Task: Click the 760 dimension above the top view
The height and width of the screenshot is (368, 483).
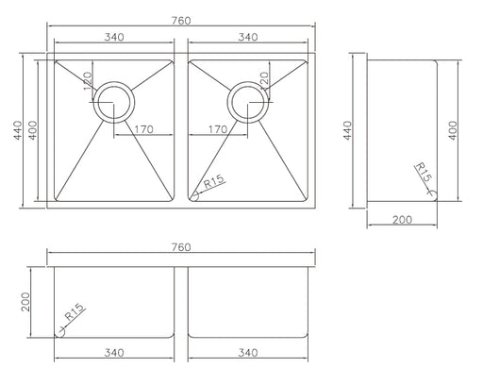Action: tap(181, 21)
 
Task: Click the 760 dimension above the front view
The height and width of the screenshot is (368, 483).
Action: tap(181, 247)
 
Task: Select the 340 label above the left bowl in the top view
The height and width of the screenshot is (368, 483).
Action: tap(114, 37)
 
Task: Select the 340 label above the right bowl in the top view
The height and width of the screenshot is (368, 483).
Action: tap(248, 37)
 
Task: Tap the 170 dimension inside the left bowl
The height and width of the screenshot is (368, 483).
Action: tap(143, 129)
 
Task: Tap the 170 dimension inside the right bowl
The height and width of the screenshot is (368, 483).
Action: tap(218, 129)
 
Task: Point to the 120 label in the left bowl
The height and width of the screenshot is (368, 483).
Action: tap(88, 80)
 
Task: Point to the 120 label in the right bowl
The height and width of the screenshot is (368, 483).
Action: tap(264, 80)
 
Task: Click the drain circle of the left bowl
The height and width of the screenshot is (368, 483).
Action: tap(93, 102)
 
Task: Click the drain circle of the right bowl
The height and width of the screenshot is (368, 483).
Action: tap(227, 102)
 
